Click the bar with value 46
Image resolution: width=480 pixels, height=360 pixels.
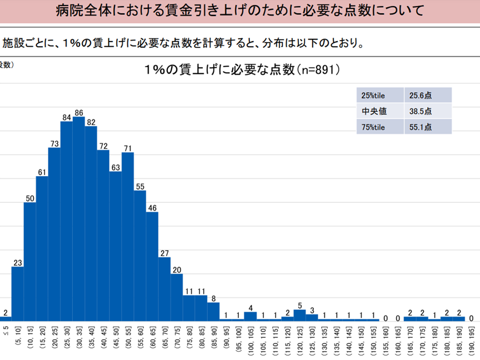point(152,266)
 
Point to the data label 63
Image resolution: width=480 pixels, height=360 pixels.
point(116,167)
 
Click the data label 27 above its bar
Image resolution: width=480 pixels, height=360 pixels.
point(164,253)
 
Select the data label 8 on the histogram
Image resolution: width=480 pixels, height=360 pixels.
point(213,298)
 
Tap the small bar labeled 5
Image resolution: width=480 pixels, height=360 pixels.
point(299,315)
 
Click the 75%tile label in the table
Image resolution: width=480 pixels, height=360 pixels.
point(372,126)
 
